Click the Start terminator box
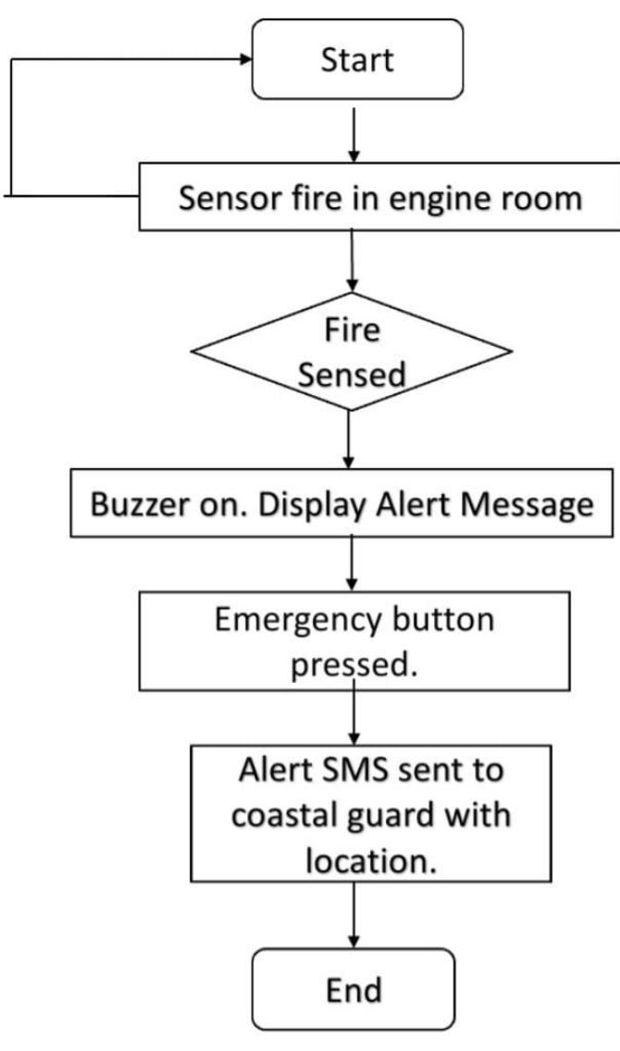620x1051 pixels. pyautogui.click(x=356, y=59)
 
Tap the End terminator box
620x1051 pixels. pyautogui.click(x=354, y=989)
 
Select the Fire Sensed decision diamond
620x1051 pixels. pyautogui.click(x=353, y=352)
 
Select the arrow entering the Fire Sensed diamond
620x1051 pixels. pyautogui.click(x=353, y=264)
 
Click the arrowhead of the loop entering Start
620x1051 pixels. pyautogui.click(x=245, y=59)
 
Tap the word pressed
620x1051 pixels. pyautogui.click(x=353, y=664)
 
